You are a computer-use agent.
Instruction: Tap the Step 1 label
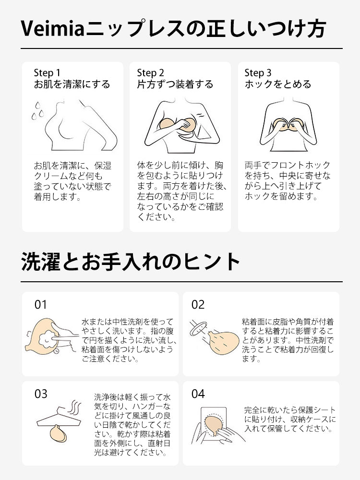click(47, 73)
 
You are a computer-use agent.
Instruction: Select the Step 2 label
click(150, 73)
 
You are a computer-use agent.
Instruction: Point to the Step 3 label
click(258, 73)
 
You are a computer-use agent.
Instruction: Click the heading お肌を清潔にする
click(72, 84)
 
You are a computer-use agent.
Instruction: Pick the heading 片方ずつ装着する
click(175, 84)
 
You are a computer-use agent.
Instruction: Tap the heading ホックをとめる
click(278, 84)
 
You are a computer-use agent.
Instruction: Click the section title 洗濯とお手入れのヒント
click(131, 262)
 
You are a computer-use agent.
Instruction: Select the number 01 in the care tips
click(41, 305)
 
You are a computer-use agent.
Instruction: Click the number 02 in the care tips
click(198, 305)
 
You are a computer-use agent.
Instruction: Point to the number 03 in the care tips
click(41, 394)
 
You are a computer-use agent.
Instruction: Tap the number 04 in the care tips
click(198, 394)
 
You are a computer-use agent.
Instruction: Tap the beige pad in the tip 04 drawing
click(215, 424)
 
